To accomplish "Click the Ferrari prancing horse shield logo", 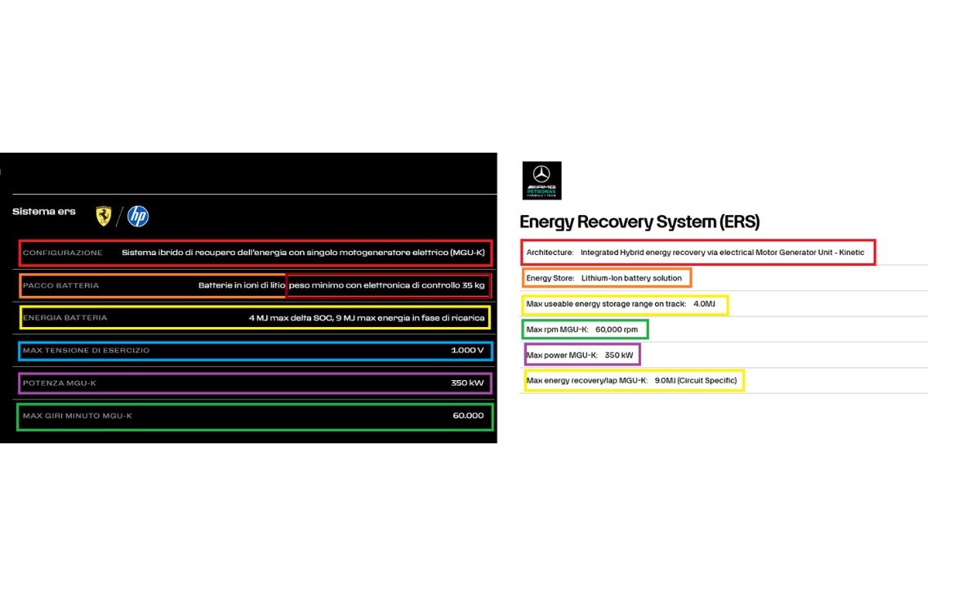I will (x=104, y=216).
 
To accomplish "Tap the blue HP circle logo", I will (x=138, y=216).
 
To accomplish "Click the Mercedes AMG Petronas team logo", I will (x=541, y=181).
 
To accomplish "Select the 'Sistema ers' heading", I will (x=44, y=212).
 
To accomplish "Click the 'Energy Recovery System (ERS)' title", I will (x=639, y=222).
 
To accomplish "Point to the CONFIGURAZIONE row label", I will (x=63, y=253).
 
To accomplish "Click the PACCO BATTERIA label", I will (x=61, y=285).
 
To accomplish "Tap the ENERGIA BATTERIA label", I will (x=65, y=318).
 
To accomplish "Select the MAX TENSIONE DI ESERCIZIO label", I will (x=87, y=351).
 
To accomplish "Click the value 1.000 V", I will (x=467, y=351).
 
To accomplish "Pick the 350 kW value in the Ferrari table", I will (x=467, y=383).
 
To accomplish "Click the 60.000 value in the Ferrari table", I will (x=468, y=416).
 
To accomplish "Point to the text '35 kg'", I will (x=473, y=285).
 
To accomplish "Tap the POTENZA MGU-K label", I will (x=60, y=383).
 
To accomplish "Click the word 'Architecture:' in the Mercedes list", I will (x=550, y=253).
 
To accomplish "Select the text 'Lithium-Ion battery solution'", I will (x=631, y=278).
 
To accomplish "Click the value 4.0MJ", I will (x=704, y=304).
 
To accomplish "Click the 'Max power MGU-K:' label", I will (x=562, y=355).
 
